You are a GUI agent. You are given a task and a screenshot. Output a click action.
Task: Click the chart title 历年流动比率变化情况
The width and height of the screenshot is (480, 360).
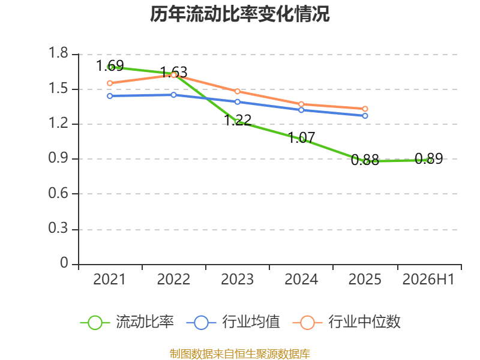tap(239, 14)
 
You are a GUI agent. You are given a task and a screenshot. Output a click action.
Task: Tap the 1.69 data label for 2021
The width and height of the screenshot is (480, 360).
tap(110, 65)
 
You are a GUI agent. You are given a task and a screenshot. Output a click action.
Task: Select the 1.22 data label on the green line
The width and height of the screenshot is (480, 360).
tap(238, 119)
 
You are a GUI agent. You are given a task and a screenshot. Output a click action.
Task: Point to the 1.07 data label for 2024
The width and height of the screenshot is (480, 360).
tap(302, 137)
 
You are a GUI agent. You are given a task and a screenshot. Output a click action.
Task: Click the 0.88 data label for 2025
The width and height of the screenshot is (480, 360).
tap(365, 160)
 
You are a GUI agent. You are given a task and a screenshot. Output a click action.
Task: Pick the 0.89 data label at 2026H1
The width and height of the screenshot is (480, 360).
tap(429, 158)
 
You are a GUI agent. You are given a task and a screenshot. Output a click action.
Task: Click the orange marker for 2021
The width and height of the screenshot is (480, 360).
tap(110, 83)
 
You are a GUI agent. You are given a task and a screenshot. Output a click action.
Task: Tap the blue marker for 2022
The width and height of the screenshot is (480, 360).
tap(173, 95)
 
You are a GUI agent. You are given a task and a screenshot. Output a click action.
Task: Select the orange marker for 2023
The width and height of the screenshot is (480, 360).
tap(238, 92)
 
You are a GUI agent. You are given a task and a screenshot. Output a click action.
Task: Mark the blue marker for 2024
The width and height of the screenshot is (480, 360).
tap(301, 110)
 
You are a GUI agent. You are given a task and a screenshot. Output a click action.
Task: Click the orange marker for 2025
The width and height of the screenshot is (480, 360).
tap(365, 109)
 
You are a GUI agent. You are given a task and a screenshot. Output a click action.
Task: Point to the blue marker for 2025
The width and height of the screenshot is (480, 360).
tap(365, 116)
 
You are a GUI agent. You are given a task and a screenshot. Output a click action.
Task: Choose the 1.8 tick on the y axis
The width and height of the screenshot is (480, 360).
tap(58, 53)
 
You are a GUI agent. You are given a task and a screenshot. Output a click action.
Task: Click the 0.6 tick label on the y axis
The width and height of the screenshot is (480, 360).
tap(58, 193)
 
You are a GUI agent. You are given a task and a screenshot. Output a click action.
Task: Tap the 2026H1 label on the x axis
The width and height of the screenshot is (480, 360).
tap(428, 279)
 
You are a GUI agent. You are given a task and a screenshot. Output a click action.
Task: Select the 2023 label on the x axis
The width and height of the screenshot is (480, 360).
tap(238, 279)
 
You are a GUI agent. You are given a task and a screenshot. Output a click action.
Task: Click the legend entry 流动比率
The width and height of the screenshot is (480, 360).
tap(127, 322)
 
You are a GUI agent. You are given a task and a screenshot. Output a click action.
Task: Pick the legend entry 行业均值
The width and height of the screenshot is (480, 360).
tap(233, 322)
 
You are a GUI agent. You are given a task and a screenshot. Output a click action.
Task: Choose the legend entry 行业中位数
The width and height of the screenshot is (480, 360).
tap(347, 322)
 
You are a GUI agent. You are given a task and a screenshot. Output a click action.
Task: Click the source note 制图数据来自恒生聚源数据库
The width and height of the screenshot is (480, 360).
tap(240, 354)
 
